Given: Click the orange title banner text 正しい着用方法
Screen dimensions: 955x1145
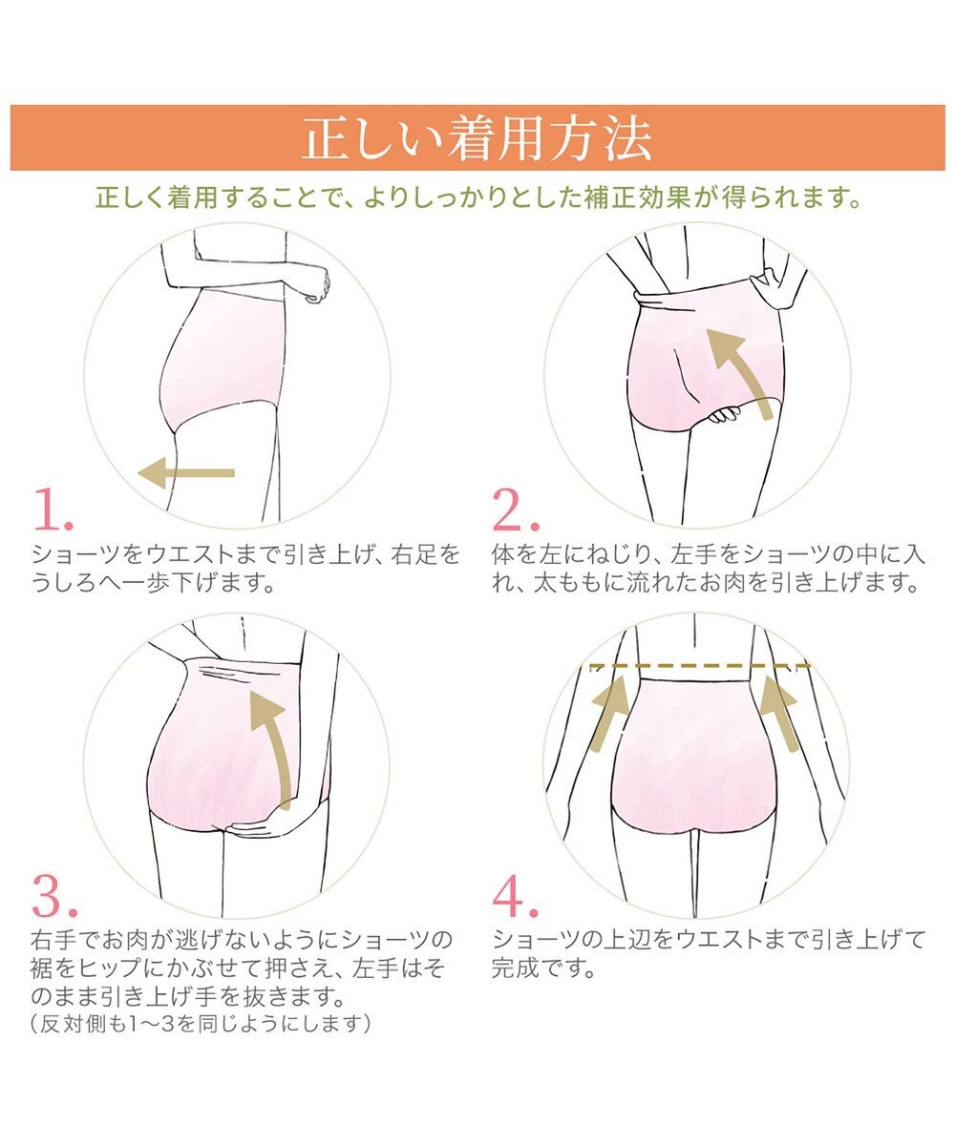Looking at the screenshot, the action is coord(477,138).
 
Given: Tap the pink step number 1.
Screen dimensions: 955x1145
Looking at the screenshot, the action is coord(53,509).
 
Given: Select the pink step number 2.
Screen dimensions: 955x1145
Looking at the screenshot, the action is coord(516,509).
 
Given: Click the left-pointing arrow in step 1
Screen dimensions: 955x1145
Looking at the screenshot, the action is coord(186,472).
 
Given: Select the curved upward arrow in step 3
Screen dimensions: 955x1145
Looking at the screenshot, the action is coord(274,751).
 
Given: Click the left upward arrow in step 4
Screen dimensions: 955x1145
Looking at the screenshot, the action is coord(610,713).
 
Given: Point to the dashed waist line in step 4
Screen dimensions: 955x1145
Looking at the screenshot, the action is coord(700,666).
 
